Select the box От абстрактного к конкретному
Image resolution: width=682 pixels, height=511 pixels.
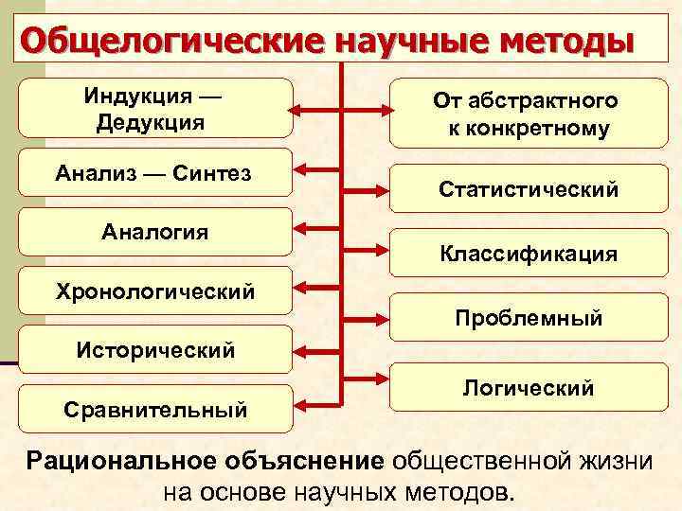[528, 114]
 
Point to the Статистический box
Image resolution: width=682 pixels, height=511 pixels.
[528, 189]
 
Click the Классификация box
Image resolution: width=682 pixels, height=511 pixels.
[528, 254]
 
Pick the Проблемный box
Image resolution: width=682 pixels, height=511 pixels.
[528, 318]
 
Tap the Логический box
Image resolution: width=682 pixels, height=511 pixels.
[528, 387]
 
